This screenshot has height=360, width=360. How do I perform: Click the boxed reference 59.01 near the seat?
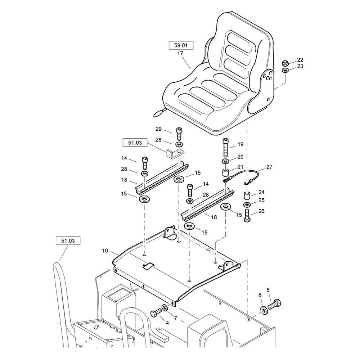pos(181,46)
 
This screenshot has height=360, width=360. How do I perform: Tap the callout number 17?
pos(180,53)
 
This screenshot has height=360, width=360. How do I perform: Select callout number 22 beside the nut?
pos(300,60)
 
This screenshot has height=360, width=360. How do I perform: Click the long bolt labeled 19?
pos(225,148)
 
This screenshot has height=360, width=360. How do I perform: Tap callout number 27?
pos(270,167)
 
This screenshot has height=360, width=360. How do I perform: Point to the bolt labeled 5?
pos(275,304)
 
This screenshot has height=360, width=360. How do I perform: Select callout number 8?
pos(260,295)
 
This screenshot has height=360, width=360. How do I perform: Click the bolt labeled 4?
pos(156,312)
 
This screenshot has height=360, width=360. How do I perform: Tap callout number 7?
pos(175,318)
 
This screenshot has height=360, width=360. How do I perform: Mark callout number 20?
pos(240,157)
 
